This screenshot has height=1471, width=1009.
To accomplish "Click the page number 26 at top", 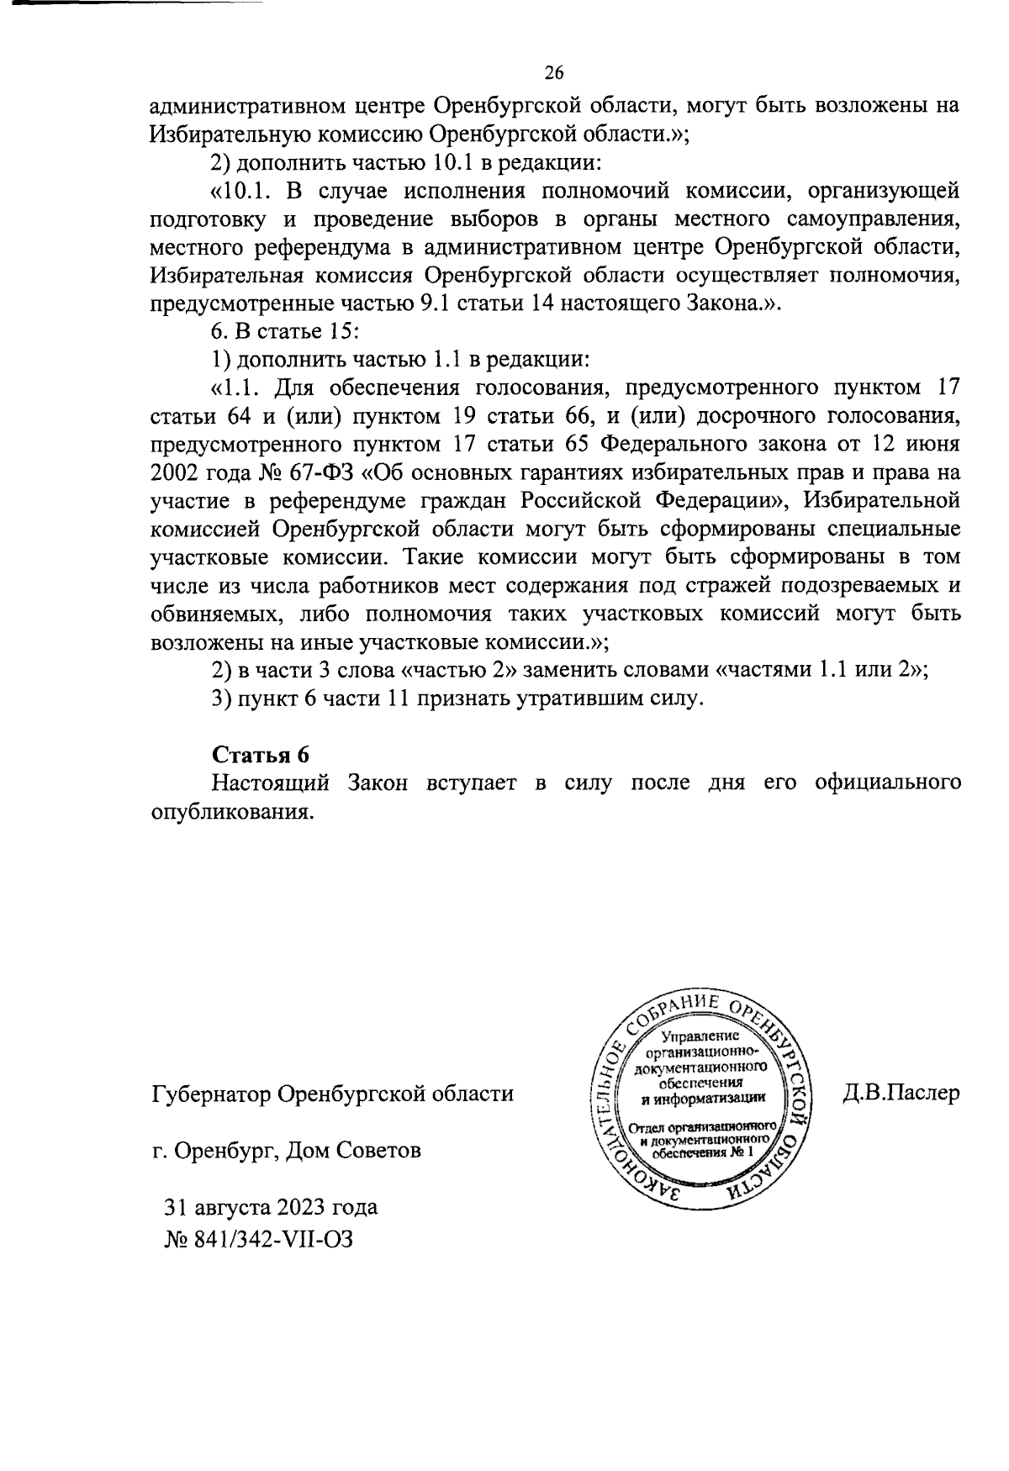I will tap(553, 73).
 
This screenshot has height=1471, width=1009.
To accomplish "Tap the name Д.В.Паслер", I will tap(900, 1094).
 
